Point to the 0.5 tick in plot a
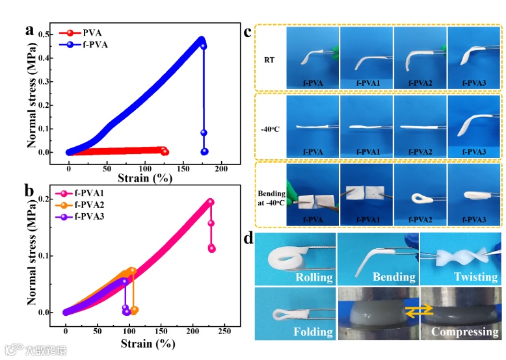click(53, 34)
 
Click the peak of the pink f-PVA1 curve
click(210, 201)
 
